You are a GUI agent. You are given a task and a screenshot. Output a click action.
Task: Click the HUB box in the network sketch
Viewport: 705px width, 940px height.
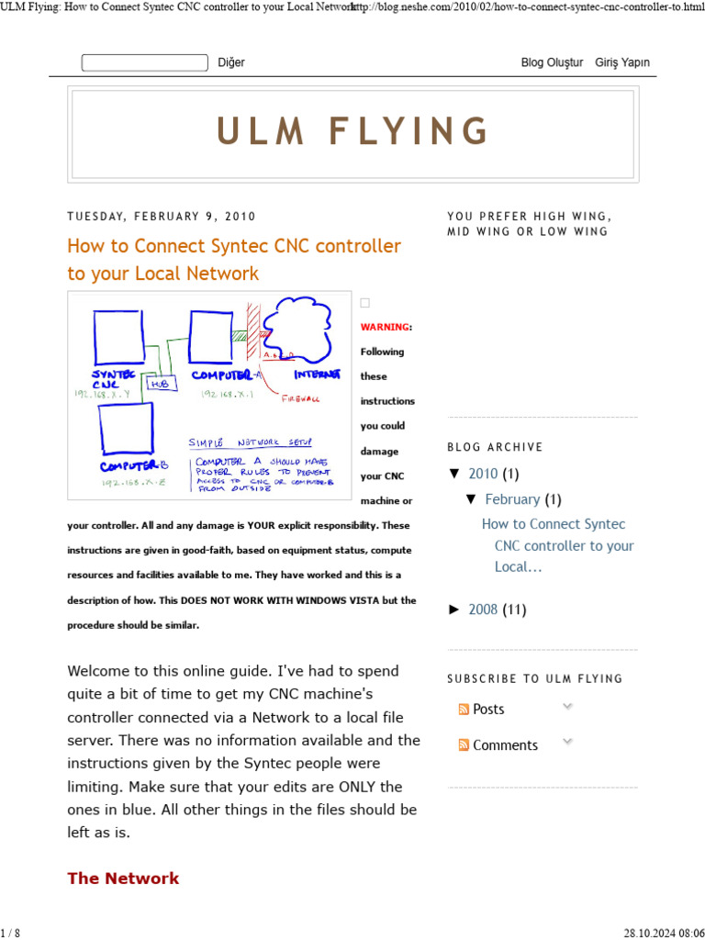[159, 384]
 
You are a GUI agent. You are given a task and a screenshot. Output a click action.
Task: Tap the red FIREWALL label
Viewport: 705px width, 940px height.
[300, 399]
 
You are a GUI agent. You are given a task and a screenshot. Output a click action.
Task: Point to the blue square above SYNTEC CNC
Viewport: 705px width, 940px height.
[118, 337]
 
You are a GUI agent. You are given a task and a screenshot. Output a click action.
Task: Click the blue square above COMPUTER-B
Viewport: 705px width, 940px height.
[126, 429]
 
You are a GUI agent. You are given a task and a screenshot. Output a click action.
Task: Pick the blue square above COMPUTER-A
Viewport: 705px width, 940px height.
[211, 337]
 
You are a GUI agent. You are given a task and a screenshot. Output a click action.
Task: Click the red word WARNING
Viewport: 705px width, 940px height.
[384, 327]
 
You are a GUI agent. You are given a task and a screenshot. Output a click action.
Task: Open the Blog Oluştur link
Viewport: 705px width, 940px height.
[552, 62]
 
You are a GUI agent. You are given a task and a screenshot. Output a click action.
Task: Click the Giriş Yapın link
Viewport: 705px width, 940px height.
[622, 62]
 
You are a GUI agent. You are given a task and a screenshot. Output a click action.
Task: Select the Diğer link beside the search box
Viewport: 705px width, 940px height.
[231, 62]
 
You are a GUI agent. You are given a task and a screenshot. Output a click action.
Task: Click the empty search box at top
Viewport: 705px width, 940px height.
[144, 62]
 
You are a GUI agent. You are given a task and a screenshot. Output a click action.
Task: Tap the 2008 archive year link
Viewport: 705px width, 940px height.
[484, 610]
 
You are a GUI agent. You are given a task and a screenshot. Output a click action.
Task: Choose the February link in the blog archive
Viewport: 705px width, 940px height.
[512, 499]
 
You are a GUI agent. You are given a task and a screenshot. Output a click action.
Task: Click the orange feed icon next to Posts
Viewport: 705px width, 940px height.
[464, 710]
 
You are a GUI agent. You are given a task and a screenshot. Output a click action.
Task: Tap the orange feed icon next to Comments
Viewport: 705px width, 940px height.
[464, 745]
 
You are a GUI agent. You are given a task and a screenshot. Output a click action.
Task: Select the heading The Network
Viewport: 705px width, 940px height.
[123, 878]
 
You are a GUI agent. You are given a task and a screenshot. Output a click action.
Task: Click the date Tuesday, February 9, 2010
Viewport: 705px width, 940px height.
[162, 217]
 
